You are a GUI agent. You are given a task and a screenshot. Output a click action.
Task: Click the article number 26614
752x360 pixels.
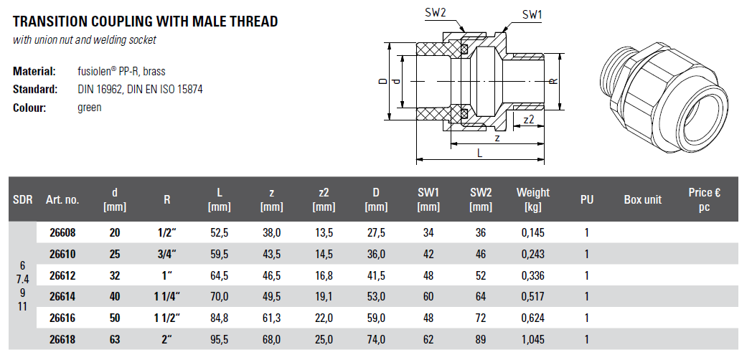point(63,297)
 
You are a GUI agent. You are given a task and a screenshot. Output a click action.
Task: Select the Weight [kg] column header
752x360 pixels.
point(533,200)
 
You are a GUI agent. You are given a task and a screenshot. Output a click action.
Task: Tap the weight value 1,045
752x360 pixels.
point(533,339)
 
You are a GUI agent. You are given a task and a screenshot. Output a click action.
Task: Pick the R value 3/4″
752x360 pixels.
point(166,254)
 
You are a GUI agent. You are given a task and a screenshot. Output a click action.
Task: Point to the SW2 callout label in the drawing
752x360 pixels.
point(436,12)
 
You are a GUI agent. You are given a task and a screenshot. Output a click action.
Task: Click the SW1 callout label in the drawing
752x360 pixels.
point(532,15)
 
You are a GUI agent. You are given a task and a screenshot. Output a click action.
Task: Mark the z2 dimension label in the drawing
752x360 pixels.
point(529,120)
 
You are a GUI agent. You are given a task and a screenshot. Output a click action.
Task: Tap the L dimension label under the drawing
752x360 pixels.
point(479,153)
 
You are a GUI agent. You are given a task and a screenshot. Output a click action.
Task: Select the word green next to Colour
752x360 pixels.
point(90,108)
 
